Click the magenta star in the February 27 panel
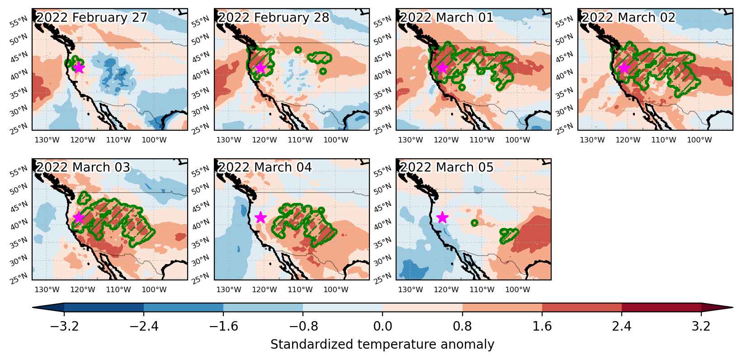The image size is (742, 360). pos(79,68)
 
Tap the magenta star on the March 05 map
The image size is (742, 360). pos(443,218)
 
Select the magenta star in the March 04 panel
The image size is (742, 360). pos(261,218)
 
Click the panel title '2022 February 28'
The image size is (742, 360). pos(273,18)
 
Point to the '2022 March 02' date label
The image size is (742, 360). pos(629,18)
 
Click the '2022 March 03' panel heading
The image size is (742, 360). pos(83,167)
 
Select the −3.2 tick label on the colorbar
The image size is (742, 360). pos(64,327)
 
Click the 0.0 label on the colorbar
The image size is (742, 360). pos(383,327)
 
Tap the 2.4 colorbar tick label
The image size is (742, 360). pos(622,327)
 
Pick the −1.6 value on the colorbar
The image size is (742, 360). pos(223,327)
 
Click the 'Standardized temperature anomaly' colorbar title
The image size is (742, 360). pos(382,345)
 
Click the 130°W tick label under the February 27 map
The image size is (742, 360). pos(47,140)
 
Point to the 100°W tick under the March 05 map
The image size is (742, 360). pos(518,290)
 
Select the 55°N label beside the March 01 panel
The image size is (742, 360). pos(382,23)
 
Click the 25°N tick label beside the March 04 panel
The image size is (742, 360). pos(200,278)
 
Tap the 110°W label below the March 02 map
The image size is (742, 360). pos(663,140)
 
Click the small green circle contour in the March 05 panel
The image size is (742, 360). pos(474,223)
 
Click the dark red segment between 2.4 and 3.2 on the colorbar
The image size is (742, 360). pos(662,308)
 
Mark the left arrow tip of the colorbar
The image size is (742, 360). pos(33,308)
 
